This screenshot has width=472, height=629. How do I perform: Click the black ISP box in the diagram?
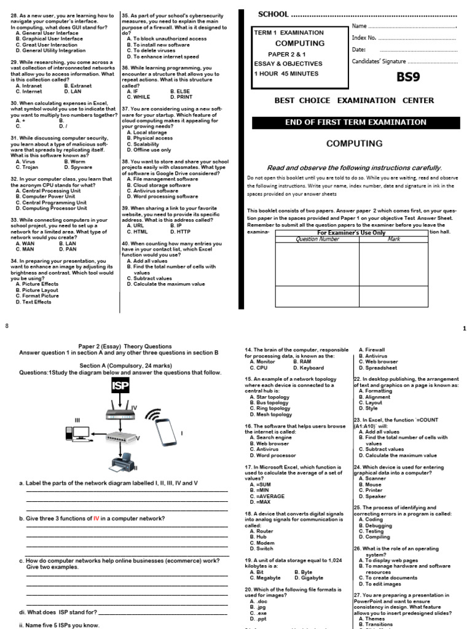click(120, 386)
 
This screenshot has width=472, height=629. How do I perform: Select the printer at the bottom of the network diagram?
click(119, 463)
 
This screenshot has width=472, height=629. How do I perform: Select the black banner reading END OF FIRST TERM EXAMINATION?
click(356, 122)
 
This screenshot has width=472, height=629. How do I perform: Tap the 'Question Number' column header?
click(317, 239)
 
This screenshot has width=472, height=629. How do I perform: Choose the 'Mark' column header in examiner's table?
click(394, 239)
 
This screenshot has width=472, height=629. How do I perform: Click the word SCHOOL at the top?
click(272, 14)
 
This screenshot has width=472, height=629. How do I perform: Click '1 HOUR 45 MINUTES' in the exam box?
click(286, 74)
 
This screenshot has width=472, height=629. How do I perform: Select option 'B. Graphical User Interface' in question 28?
click(50, 39)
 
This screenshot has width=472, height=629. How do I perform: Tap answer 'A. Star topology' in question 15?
click(269, 397)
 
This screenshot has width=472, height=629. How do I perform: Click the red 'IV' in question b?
click(96, 518)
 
